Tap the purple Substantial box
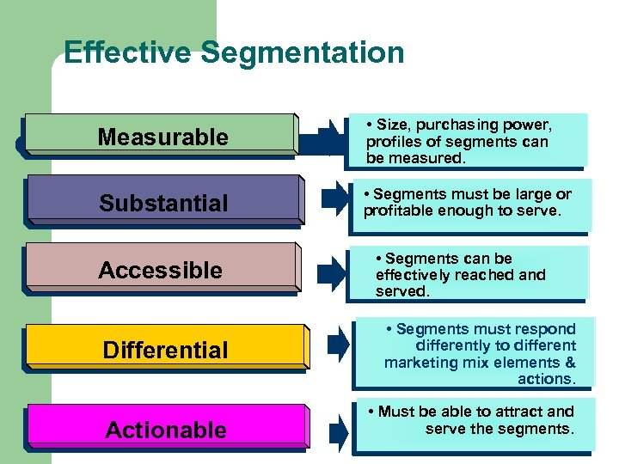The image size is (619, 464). pyautogui.click(x=163, y=203)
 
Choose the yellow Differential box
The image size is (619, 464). pyautogui.click(x=165, y=349)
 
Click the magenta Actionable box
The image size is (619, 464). pyautogui.click(x=165, y=429)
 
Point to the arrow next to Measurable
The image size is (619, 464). pyautogui.click(x=329, y=137)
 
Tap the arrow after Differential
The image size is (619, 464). pyautogui.click(x=339, y=345)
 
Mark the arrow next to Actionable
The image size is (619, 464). pyautogui.click(x=339, y=427)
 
